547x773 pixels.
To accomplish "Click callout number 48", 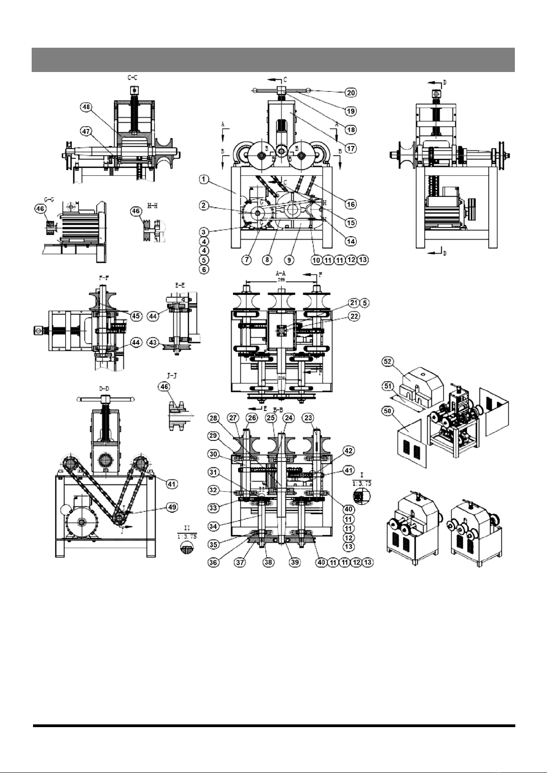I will point(86,107).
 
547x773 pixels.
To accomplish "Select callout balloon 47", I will point(86,131).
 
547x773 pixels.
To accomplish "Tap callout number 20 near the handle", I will point(351,93).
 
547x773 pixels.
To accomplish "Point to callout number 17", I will point(351,149).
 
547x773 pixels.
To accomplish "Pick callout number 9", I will point(289,260).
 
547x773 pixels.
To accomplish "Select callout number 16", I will point(351,204).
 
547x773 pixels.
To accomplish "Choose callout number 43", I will point(153,342).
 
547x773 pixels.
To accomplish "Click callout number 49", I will point(172,507).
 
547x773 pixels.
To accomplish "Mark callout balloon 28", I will point(213,418).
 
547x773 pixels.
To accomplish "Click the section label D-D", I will point(105,389).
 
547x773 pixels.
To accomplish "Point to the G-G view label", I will point(49,199).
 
